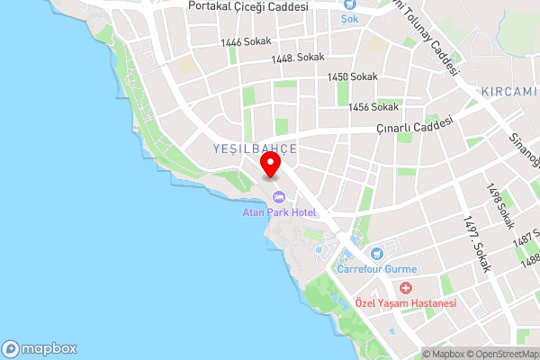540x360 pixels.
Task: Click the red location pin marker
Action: point(270,165)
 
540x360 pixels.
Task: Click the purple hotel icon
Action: point(278,197)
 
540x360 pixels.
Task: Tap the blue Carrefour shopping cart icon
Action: point(376,253)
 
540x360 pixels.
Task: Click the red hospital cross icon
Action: point(406,288)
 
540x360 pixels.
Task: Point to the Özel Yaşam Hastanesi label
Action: point(406,304)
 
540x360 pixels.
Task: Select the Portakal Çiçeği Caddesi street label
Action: point(248,6)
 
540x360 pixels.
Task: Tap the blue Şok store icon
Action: point(348,15)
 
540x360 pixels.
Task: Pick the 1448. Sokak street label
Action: point(297,58)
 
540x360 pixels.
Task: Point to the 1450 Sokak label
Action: point(352,77)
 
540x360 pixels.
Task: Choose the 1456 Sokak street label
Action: point(373,107)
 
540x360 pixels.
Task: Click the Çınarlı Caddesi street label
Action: point(414,127)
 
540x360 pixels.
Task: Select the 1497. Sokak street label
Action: point(474,239)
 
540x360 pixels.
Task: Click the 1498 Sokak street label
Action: point(500,206)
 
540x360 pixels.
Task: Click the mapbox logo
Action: point(40,348)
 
